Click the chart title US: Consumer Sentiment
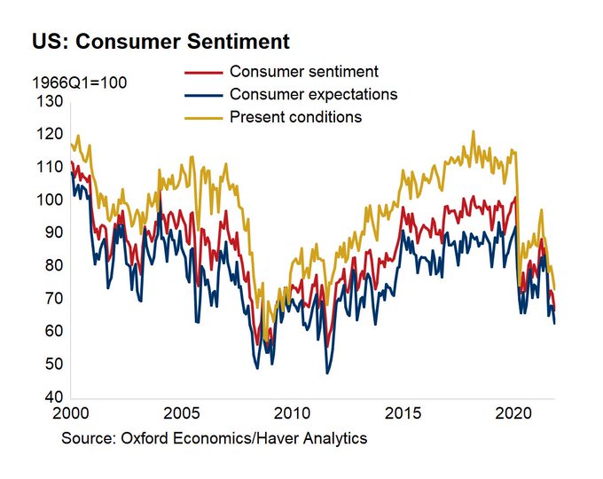(x=161, y=42)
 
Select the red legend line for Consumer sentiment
(x=204, y=71)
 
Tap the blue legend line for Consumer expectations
(x=204, y=94)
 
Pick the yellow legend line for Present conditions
(x=204, y=117)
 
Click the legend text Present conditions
(x=294, y=117)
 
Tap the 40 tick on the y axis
(x=51, y=397)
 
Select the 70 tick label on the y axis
(x=51, y=299)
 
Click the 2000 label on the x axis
(x=71, y=413)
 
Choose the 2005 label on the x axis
(x=182, y=413)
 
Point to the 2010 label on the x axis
(x=293, y=413)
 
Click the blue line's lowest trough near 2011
(x=327, y=373)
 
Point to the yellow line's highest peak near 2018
(x=473, y=131)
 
